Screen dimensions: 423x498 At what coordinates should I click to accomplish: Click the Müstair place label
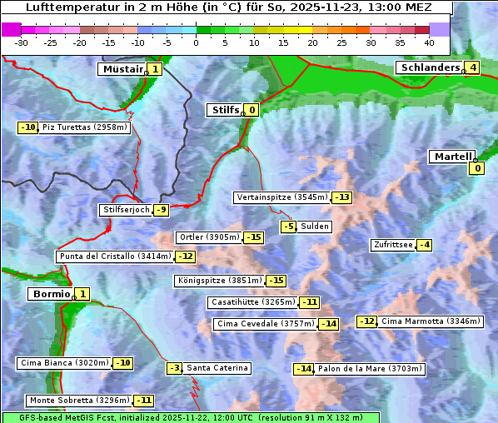tap(122, 69)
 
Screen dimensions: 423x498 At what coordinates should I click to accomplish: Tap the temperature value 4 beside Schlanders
tap(472, 67)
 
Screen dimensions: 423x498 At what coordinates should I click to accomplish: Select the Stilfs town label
tap(224, 109)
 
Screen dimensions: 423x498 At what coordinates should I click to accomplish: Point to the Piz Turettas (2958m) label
tap(85, 127)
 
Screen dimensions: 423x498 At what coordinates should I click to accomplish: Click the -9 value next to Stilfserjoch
tap(162, 210)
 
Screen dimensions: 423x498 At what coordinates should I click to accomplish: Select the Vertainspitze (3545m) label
tap(281, 197)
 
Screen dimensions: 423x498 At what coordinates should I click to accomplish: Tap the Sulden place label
tap(315, 226)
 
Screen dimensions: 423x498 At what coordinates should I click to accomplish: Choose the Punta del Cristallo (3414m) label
tap(115, 256)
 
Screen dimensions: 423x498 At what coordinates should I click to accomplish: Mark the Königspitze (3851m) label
tap(219, 281)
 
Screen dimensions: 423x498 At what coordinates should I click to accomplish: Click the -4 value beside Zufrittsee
tap(425, 245)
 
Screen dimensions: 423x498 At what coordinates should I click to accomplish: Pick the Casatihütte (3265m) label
tap(253, 301)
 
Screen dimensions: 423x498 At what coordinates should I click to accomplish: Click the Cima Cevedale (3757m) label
tap(266, 323)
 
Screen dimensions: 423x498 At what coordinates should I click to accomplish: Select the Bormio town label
tap(49, 294)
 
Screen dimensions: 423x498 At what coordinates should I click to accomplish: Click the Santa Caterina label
tap(217, 368)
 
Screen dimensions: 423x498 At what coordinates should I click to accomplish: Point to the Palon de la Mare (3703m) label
tap(371, 368)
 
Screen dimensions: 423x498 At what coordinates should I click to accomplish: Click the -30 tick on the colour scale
tap(22, 42)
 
